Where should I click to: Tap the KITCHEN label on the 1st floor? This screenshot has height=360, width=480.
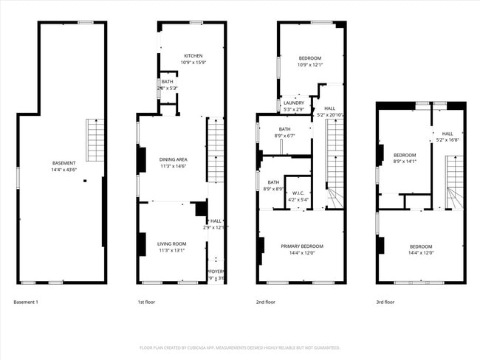[193, 56]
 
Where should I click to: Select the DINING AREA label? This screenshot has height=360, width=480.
[173, 159]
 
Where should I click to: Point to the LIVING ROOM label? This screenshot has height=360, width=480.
[171, 243]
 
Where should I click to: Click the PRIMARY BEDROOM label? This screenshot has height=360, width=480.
[301, 246]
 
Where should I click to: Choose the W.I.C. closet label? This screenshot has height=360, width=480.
[298, 193]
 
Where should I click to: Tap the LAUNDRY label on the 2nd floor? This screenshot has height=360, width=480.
[294, 103]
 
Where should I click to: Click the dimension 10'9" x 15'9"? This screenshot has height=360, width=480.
[193, 62]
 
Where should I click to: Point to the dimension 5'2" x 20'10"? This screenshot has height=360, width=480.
[330, 114]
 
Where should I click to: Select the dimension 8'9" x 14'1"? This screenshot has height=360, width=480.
[405, 161]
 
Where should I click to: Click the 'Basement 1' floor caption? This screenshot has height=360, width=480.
[27, 302]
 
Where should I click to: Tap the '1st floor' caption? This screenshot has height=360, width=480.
[146, 302]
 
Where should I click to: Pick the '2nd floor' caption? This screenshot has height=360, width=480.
[266, 302]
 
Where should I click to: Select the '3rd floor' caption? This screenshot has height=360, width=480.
[385, 302]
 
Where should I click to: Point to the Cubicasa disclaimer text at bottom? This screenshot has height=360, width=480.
[239, 347]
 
